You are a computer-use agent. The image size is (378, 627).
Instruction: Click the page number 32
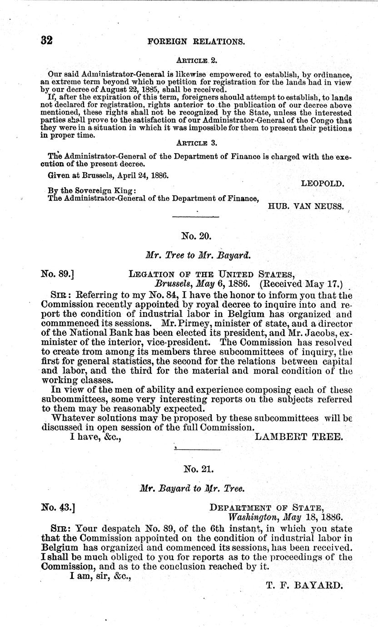(47, 40)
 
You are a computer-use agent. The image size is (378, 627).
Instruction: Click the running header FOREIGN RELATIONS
(197, 41)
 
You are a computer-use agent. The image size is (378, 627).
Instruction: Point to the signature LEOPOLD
(323, 184)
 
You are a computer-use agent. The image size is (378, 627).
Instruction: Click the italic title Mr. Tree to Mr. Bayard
(196, 255)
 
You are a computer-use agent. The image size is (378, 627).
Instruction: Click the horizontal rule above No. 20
(196, 217)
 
